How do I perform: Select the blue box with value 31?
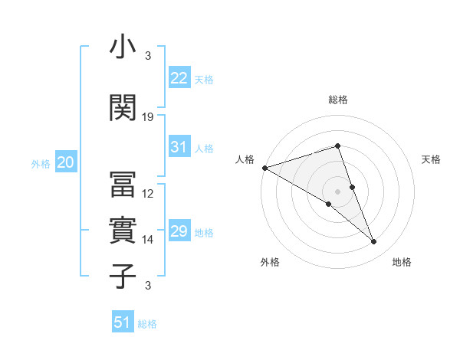[179, 148]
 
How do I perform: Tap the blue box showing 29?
[179, 231]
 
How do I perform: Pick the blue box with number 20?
[66, 162]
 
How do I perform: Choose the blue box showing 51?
[123, 322]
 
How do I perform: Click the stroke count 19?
[149, 117]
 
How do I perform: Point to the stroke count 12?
[149, 194]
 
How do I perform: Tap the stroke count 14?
[149, 240]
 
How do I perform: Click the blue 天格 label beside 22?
[204, 79]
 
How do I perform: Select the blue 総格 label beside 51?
[147, 324]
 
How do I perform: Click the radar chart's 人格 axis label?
[245, 159]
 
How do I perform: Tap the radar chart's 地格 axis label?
[402, 262]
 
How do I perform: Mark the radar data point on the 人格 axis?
[264, 168]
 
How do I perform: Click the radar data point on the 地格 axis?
[373, 242]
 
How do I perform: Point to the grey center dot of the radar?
[337, 191]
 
